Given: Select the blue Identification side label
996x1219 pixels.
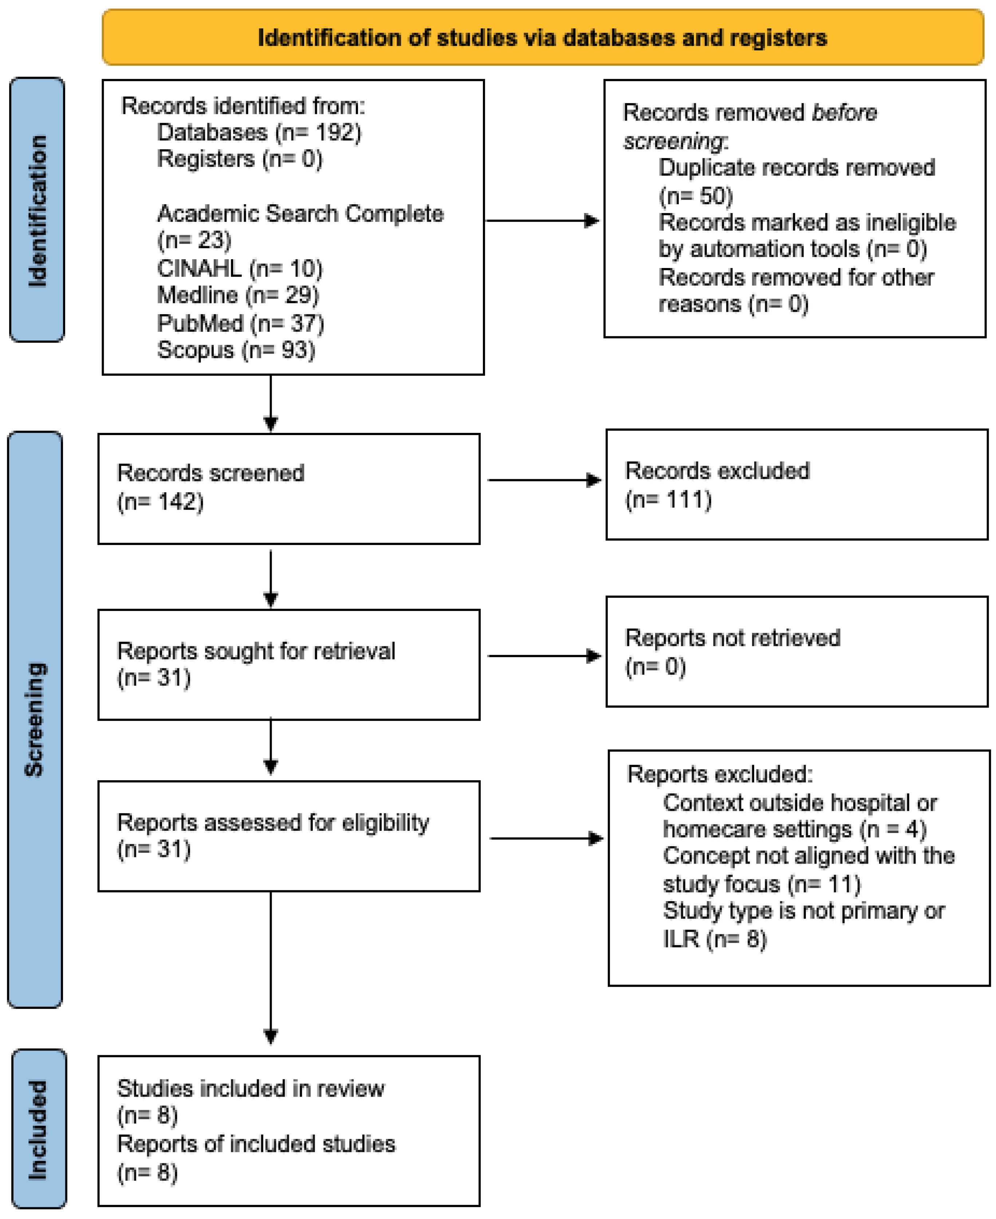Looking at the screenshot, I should tap(37, 210).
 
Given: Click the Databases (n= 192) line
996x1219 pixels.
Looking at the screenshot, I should tap(259, 133).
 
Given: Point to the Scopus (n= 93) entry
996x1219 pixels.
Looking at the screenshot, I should tap(236, 350).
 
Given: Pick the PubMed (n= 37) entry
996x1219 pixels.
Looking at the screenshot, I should tap(240, 324).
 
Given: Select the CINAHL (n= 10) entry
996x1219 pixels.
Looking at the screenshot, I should tap(239, 268).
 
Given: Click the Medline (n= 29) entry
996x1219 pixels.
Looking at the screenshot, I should tap(237, 295).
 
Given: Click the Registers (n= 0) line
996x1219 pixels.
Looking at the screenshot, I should tap(239, 159).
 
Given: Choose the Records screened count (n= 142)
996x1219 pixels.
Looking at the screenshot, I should tap(160, 502).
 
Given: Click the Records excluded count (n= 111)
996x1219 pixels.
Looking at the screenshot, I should tap(668, 500).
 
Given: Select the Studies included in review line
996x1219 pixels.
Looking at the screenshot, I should tap(251, 1089).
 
